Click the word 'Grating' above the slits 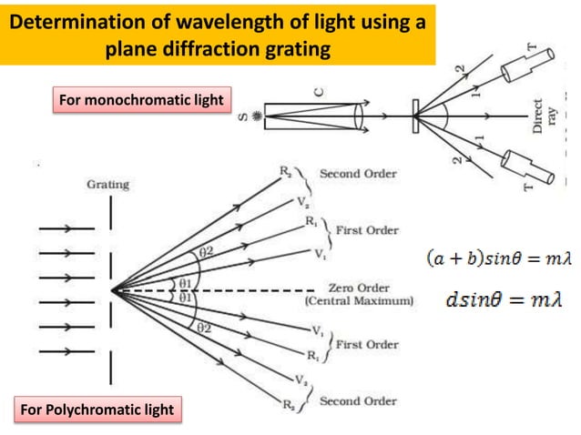click(x=107, y=185)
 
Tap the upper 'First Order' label click(x=367, y=230)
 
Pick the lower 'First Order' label click(x=367, y=344)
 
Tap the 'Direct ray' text click(x=545, y=116)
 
